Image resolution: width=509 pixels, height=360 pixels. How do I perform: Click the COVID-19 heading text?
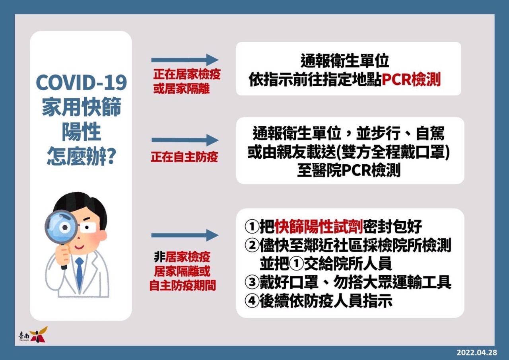(81, 82)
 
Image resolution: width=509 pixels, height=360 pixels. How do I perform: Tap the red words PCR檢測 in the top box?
(411, 80)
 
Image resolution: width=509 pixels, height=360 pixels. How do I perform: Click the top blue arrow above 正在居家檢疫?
(185, 60)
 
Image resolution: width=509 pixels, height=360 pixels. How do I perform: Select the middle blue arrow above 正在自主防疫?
(185, 140)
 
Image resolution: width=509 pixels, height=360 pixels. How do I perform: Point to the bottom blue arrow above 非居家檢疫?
(185, 235)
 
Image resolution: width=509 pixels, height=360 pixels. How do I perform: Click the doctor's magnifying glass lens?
(62, 227)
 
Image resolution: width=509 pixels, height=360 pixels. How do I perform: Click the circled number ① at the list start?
(252, 226)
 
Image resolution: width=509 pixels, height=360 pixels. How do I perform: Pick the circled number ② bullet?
(252, 245)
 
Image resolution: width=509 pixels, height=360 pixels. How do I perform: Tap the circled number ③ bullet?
(252, 282)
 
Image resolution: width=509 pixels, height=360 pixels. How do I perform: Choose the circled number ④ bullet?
(252, 301)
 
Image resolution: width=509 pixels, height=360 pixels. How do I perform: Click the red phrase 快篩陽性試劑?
(319, 226)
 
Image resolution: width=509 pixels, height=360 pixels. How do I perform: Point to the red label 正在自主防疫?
(184, 157)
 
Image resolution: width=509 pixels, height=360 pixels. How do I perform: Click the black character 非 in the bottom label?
(159, 257)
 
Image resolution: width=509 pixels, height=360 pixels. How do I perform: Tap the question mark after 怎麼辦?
(111, 157)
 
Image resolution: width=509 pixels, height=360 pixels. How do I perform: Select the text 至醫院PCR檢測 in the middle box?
(349, 171)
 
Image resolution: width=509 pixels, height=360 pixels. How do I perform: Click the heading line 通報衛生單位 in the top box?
(345, 61)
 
